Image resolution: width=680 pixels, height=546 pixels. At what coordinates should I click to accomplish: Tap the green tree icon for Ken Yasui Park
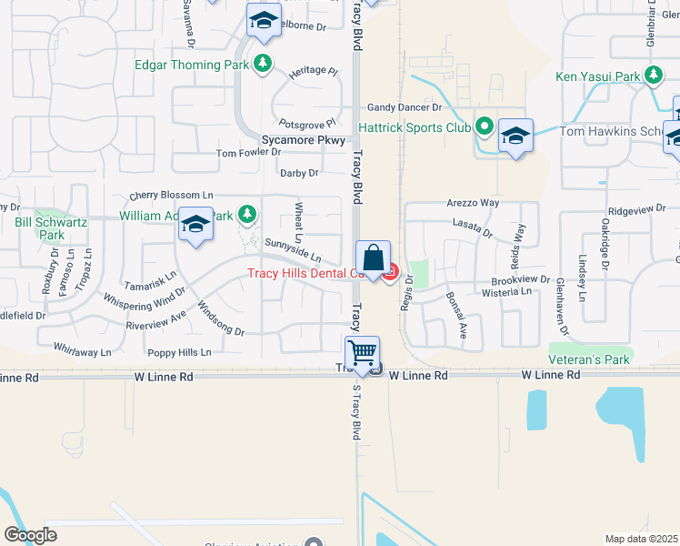coord(653,76)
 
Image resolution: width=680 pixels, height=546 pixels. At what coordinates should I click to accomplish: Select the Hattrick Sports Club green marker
coord(485,127)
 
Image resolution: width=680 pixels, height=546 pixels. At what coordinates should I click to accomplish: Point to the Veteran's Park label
coord(590,359)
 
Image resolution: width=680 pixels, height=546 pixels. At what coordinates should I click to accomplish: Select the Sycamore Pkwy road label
coord(304,140)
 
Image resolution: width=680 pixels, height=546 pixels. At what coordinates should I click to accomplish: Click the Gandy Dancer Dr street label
coord(405,107)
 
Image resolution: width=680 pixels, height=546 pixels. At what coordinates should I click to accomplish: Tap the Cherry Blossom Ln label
coord(171,195)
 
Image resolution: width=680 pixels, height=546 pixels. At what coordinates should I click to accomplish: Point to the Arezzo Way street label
coord(473,202)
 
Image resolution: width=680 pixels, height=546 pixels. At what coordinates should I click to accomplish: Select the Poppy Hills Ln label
coord(179,352)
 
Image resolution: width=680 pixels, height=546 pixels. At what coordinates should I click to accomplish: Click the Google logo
coord(30,535)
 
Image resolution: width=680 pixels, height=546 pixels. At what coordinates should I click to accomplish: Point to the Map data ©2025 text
coord(641,539)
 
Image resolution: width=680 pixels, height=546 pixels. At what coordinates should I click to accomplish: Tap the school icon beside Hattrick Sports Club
coord(515,136)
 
